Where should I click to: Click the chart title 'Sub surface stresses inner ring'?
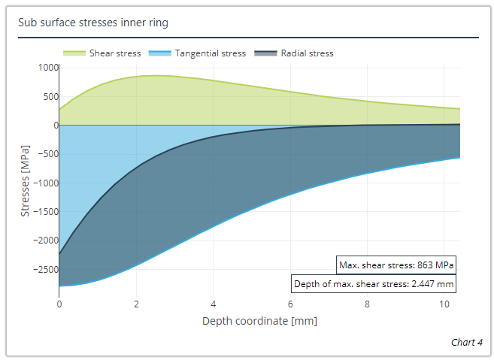click(x=93, y=23)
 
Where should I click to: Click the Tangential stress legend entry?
click(x=198, y=53)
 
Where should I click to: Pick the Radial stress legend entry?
click(x=294, y=53)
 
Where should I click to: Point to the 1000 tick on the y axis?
click(x=47, y=68)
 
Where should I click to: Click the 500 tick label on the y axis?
click(x=50, y=96)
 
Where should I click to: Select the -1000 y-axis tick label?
click(x=45, y=183)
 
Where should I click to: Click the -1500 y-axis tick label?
click(x=45, y=212)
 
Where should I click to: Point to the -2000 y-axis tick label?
click(x=45, y=241)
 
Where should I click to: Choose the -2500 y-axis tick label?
click(x=45, y=269)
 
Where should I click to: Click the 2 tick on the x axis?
click(x=136, y=304)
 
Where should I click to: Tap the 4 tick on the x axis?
click(x=213, y=304)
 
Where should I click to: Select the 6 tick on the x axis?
click(x=290, y=304)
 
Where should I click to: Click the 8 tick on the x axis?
click(x=367, y=304)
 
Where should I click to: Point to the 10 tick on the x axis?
click(x=444, y=304)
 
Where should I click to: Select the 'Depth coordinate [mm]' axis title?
click(x=259, y=321)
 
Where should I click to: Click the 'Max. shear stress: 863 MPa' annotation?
click(x=396, y=265)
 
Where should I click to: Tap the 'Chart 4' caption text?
click(x=466, y=342)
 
